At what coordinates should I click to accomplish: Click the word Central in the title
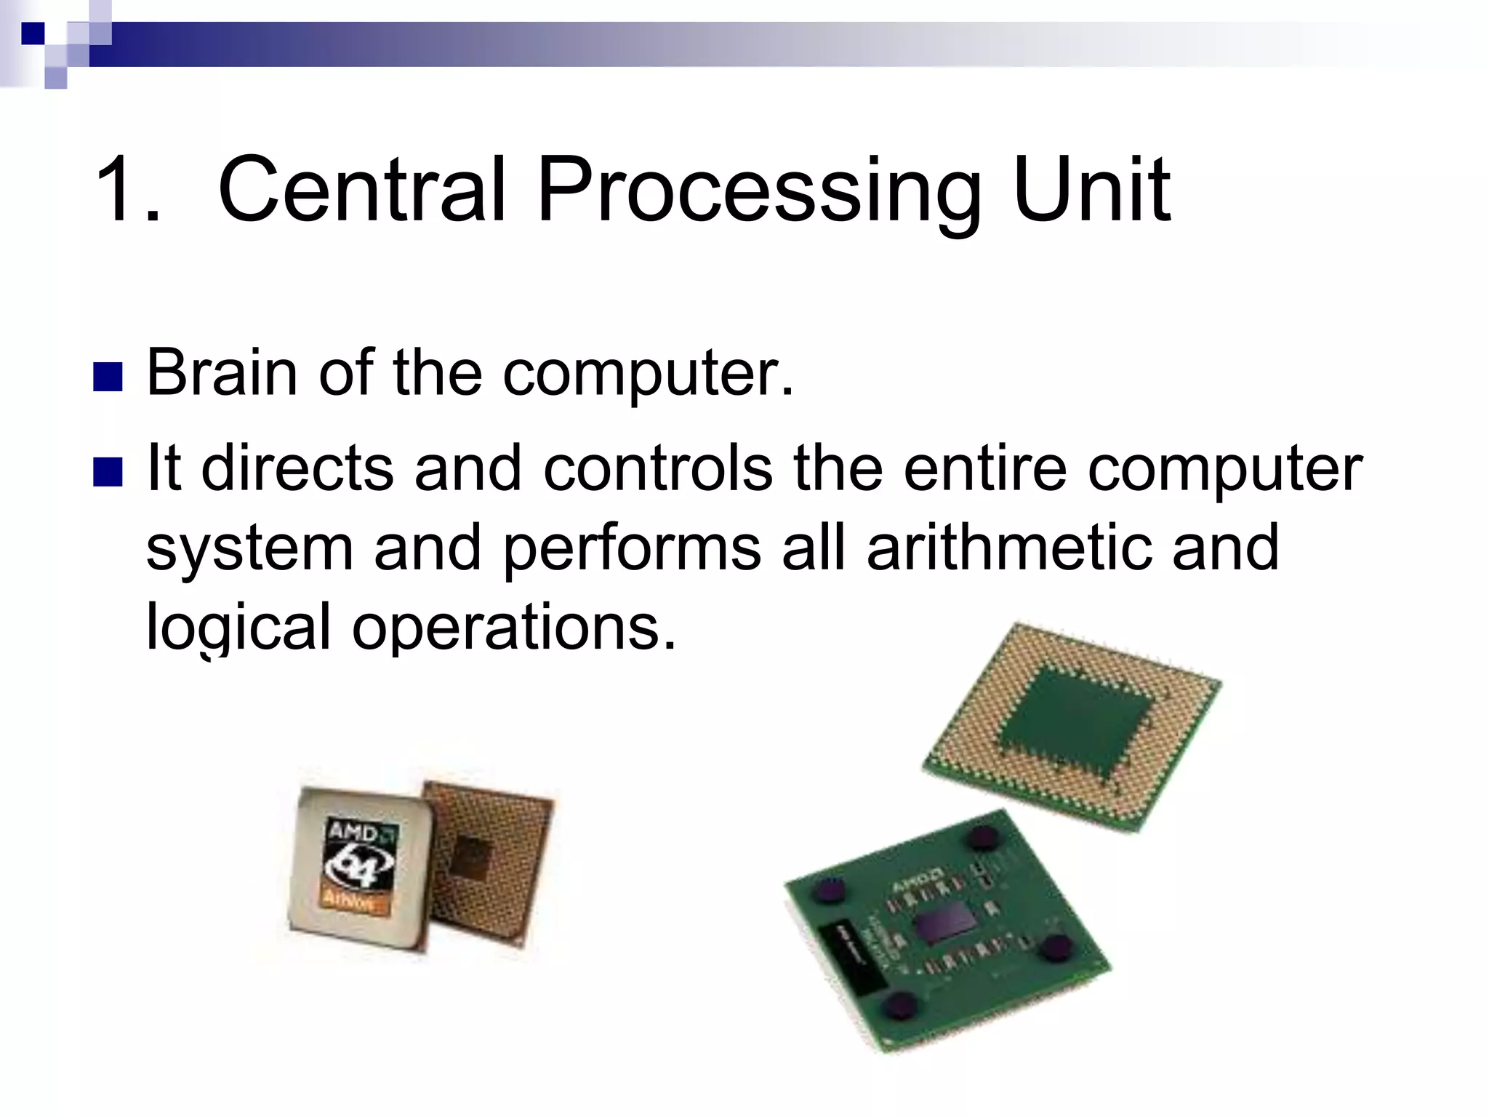(x=361, y=191)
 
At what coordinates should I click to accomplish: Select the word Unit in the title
(x=1091, y=191)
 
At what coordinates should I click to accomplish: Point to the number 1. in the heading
(x=127, y=191)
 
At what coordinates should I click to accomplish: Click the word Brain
(x=222, y=372)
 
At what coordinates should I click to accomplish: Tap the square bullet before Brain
(x=108, y=376)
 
